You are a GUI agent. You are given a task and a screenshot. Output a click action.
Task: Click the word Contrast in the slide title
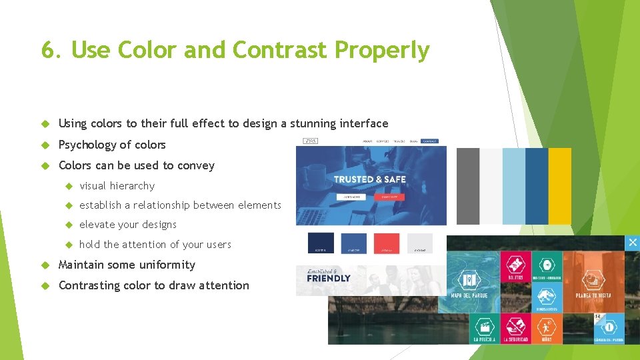280,50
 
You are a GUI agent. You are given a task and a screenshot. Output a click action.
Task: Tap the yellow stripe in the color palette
560,186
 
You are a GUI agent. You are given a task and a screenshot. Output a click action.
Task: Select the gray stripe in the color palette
468,186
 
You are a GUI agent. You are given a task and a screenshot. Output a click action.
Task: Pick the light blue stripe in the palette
513,186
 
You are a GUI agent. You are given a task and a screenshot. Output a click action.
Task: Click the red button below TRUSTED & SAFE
389,197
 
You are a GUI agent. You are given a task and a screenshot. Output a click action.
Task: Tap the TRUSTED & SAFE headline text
369,179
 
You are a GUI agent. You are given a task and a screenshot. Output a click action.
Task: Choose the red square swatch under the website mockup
387,243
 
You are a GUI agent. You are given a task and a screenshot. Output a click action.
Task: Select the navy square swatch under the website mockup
321,243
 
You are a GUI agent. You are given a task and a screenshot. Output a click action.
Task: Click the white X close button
633,243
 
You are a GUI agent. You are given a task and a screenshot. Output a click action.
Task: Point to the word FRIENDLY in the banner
328,279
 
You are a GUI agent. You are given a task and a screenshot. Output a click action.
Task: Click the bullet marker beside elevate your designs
69,225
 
